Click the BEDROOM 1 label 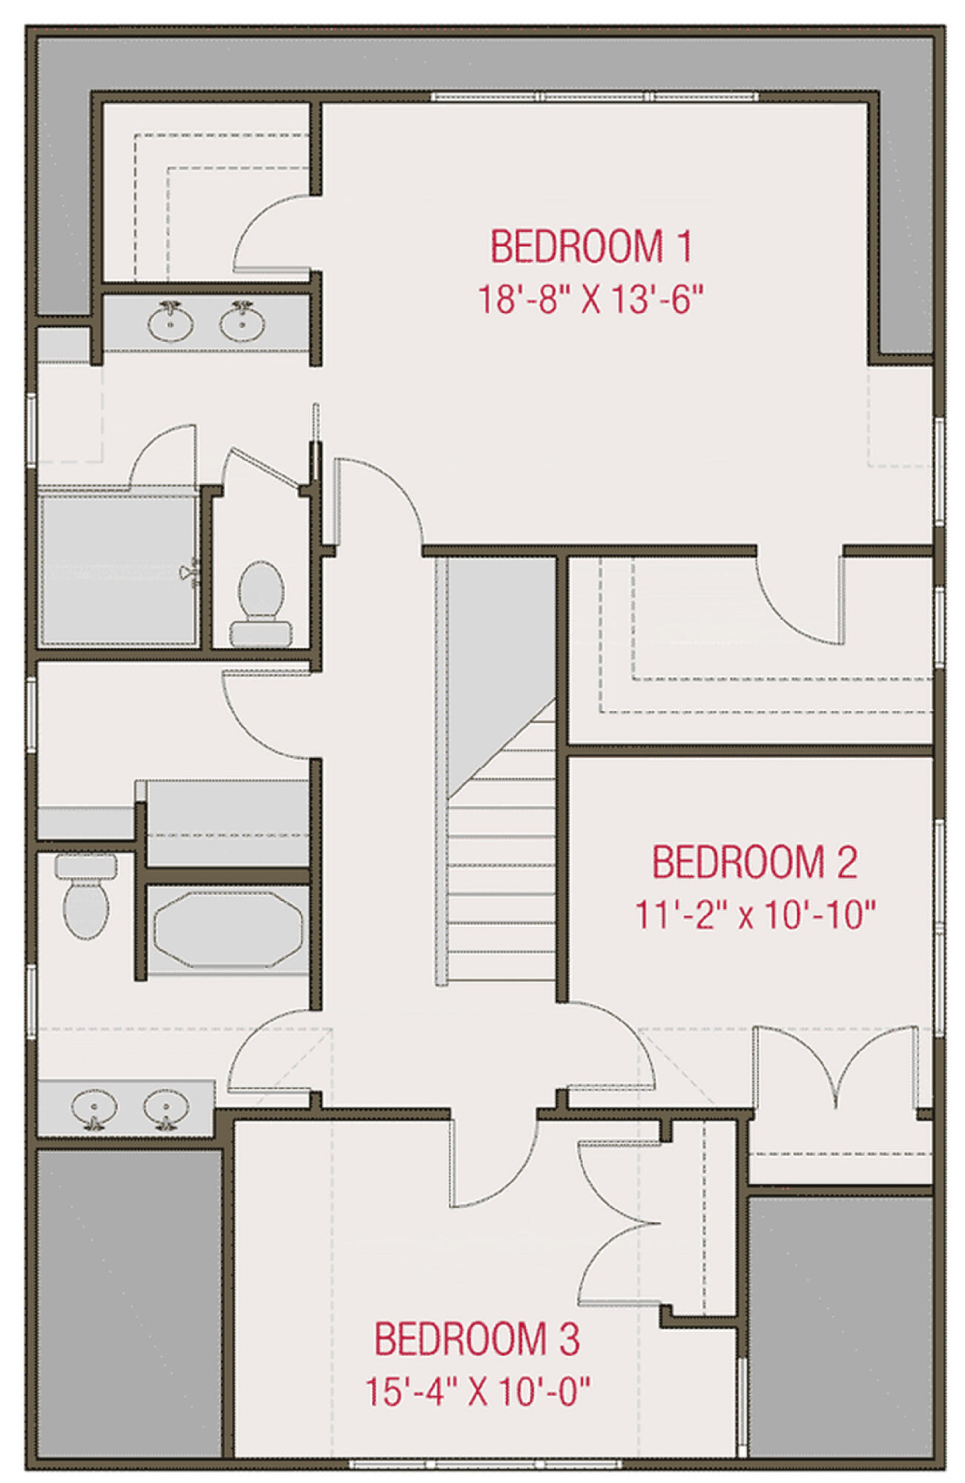pos(590,247)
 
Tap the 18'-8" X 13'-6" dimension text pos(590,300)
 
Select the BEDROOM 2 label pos(754,862)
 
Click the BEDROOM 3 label pos(476,1339)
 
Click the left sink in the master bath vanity pos(171,321)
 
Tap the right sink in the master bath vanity pos(242,321)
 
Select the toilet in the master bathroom pos(260,603)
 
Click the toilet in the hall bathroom pos(87,896)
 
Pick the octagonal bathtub pos(228,930)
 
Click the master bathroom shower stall pos(119,569)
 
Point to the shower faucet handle pos(190,571)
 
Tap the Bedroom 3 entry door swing pos(493,1158)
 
